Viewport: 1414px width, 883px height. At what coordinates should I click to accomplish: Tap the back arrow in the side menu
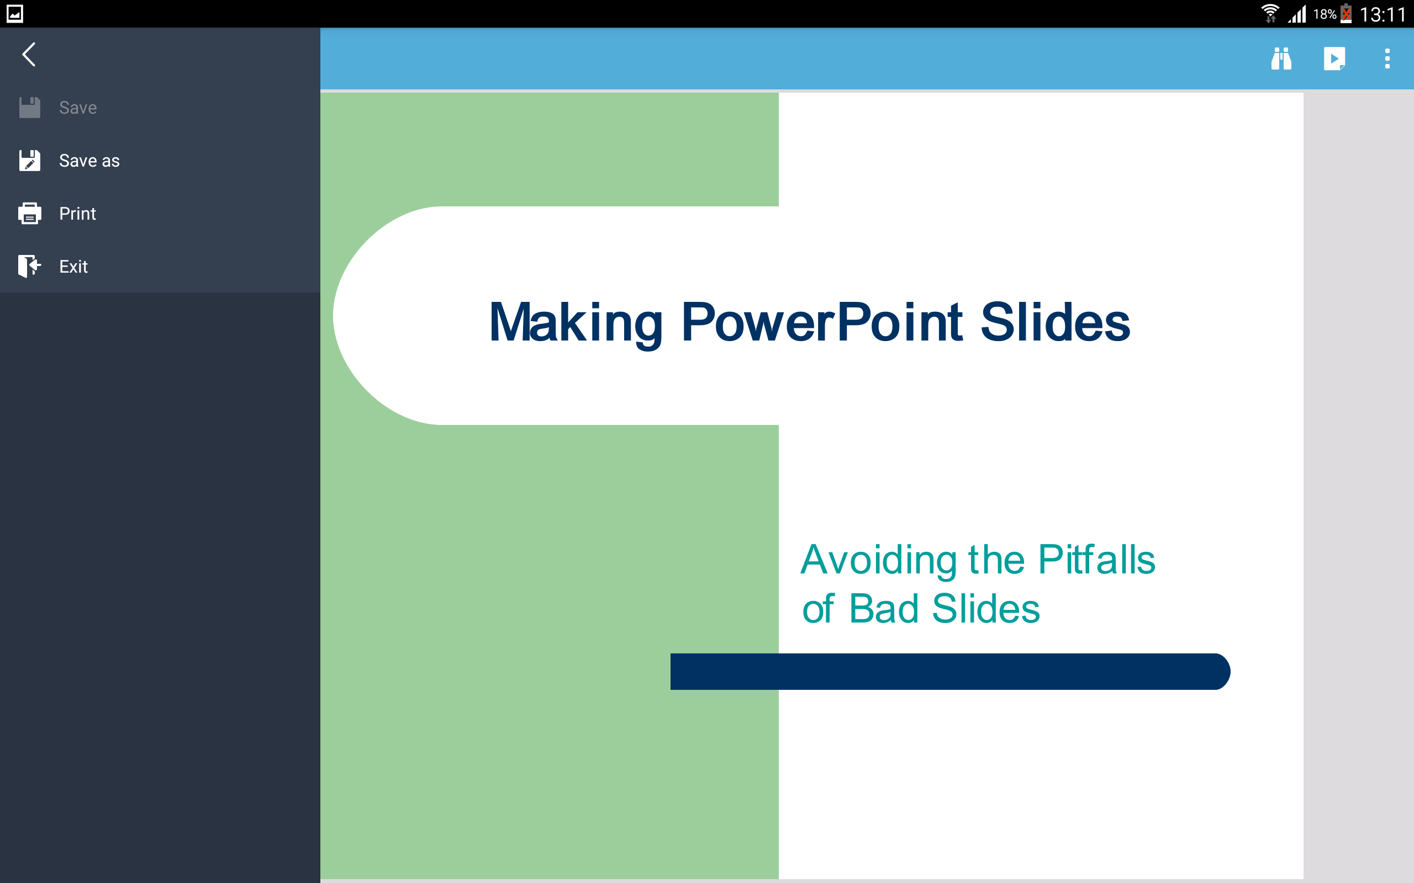29,54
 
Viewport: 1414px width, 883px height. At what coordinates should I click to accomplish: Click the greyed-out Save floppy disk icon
29,108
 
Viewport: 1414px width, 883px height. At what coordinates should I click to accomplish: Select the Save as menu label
89,161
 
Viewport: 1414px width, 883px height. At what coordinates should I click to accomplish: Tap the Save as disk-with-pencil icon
29,161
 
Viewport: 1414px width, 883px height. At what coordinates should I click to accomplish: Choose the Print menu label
78,214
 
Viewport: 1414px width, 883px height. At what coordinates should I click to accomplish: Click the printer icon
29,214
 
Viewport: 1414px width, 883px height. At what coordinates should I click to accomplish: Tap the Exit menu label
73,267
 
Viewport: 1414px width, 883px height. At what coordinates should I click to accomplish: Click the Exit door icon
29,267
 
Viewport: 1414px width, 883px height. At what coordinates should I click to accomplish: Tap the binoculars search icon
1281,58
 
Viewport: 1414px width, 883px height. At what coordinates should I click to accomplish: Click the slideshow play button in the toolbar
1334,58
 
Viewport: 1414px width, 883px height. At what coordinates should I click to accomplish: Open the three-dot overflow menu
1387,58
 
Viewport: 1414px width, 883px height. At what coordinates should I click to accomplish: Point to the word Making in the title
576,323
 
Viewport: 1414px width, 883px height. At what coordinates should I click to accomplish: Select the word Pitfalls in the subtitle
1097,560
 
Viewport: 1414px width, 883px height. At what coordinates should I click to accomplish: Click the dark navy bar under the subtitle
950,672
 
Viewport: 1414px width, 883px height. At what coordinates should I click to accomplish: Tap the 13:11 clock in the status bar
1383,14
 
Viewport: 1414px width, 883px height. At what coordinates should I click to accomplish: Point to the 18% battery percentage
1325,14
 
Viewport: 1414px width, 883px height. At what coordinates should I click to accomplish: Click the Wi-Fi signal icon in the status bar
1270,13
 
